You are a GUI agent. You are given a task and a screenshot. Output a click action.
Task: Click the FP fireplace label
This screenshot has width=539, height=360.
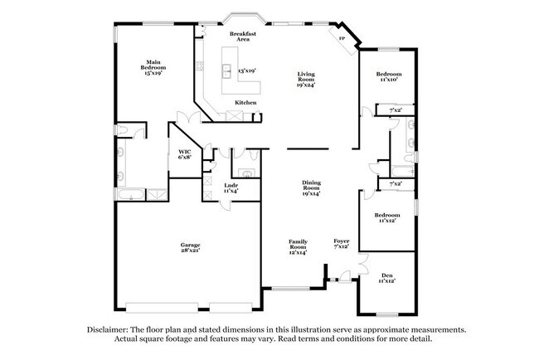(x=342, y=38)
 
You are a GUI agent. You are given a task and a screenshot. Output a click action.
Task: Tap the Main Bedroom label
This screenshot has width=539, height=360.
(x=153, y=67)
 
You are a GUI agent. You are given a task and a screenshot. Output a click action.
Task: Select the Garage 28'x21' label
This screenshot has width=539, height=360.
(x=191, y=247)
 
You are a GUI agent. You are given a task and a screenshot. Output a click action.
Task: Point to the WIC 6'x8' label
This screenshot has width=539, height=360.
(x=185, y=154)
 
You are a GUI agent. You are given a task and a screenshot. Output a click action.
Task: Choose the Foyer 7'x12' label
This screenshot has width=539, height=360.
(x=342, y=244)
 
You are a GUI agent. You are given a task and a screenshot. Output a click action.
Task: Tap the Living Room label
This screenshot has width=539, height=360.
(x=306, y=79)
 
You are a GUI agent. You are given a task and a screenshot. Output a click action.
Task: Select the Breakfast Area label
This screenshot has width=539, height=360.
(x=243, y=36)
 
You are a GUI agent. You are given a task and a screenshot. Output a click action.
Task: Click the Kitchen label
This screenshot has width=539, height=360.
(x=245, y=103)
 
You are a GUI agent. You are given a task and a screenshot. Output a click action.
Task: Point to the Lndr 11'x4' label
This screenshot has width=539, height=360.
(x=231, y=187)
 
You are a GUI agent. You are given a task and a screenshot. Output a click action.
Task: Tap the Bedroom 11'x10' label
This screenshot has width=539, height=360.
(x=389, y=76)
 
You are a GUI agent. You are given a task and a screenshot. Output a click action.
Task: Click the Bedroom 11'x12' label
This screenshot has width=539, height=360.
(x=387, y=217)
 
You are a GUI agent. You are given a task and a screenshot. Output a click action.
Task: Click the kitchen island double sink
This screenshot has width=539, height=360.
(x=226, y=71)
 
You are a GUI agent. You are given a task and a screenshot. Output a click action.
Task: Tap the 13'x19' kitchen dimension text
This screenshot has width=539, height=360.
(x=246, y=71)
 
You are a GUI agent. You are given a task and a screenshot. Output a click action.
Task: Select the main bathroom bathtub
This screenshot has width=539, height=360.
(x=131, y=195)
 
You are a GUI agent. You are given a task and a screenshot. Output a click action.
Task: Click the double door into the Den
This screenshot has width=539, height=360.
(x=363, y=264)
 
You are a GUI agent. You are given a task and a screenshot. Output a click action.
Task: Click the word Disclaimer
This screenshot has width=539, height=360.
(x=107, y=329)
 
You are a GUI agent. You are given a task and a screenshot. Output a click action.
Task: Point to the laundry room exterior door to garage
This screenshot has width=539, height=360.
(x=226, y=206)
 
